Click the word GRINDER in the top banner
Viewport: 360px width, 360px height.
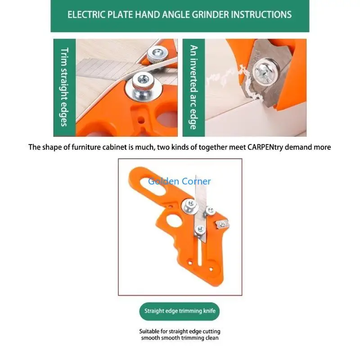pos(205,14)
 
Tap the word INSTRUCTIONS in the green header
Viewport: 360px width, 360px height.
pos(261,14)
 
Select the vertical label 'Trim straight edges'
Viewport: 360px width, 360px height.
pos(64,87)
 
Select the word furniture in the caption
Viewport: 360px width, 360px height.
pos(92,147)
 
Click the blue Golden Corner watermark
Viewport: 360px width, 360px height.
pos(180,181)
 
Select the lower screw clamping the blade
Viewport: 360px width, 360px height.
pos(198,230)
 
